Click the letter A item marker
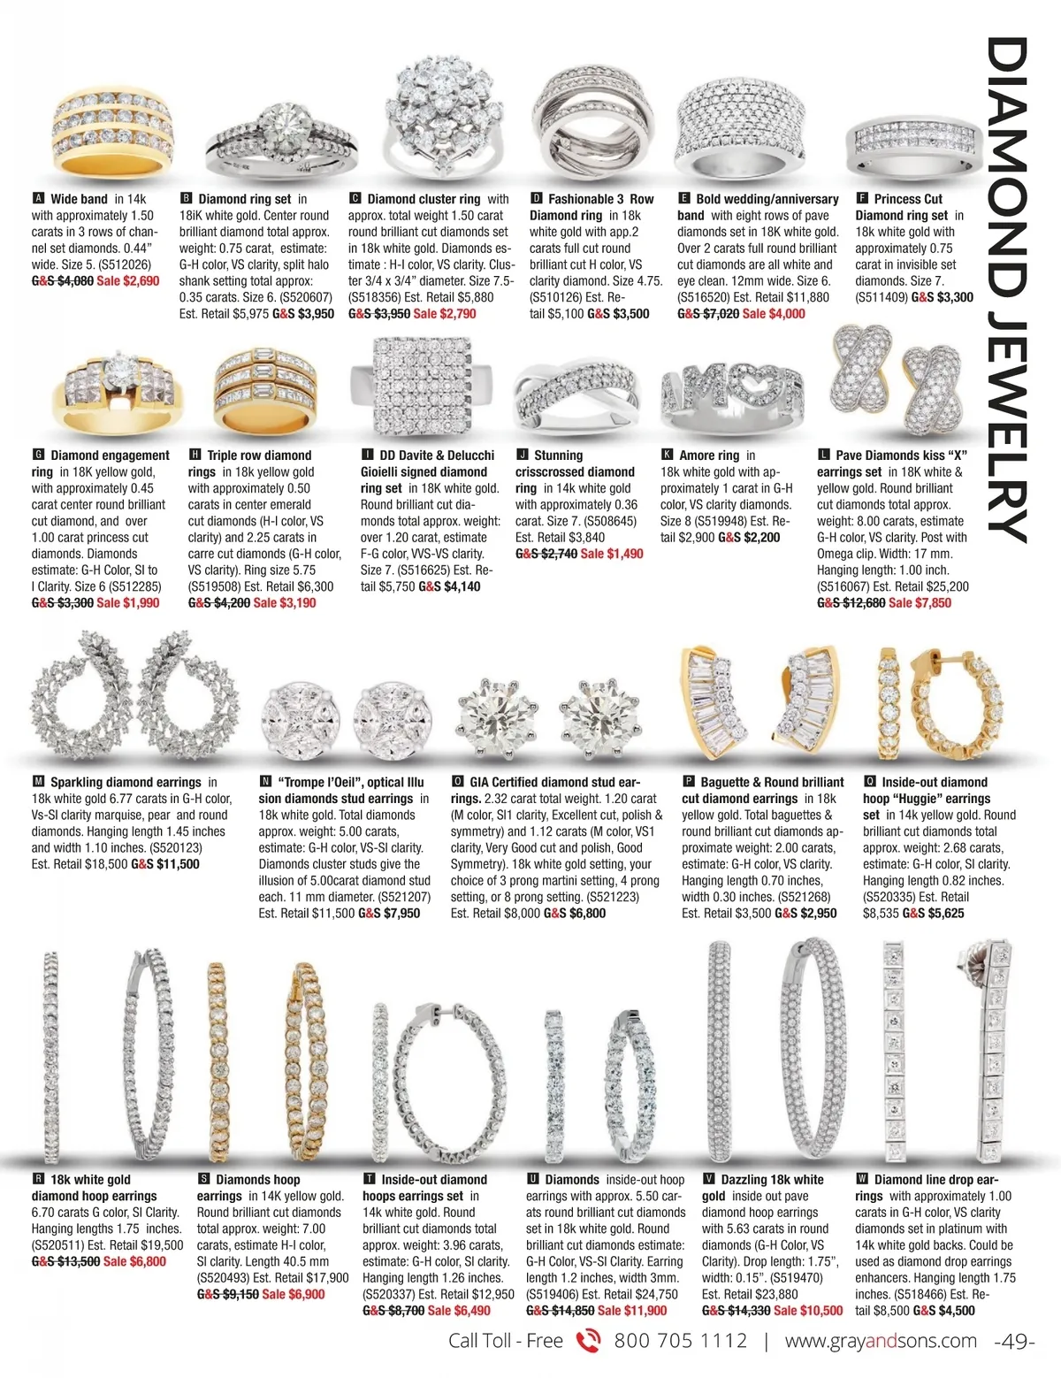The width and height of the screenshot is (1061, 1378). (37, 199)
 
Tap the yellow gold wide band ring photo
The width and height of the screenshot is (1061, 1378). (111, 129)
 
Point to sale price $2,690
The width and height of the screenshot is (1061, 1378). (128, 281)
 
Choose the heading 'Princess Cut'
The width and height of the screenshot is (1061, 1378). (908, 199)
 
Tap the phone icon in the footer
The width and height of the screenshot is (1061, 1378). (588, 1341)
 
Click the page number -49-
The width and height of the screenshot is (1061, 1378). (1015, 1342)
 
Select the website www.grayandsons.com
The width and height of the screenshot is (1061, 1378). (881, 1341)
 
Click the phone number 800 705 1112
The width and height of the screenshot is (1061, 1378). (680, 1341)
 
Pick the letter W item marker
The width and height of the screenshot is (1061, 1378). (862, 1179)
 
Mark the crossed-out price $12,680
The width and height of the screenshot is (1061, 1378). (851, 603)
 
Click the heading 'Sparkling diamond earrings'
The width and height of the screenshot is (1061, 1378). (126, 782)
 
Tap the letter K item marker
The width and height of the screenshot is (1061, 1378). (667, 455)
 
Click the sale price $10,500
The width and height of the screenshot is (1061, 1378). (808, 1311)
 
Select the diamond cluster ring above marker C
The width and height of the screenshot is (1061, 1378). (435, 113)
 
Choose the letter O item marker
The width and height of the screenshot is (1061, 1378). (457, 782)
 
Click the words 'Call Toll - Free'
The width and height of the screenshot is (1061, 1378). (505, 1341)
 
